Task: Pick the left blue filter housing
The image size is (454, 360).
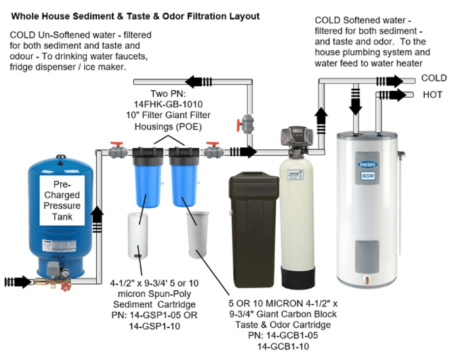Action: pyautogui.click(x=145, y=180)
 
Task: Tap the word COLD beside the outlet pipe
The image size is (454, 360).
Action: pyautogui.click(x=434, y=79)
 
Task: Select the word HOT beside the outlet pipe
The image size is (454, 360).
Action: pyautogui.click(x=432, y=95)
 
